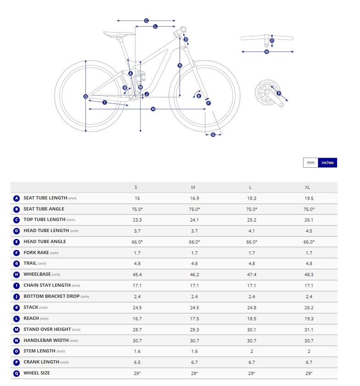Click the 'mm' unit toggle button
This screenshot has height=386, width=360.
[x=310, y=163]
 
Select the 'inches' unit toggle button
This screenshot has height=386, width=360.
[x=327, y=163]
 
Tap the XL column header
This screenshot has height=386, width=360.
[x=309, y=187]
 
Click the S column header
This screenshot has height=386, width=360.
[x=135, y=187]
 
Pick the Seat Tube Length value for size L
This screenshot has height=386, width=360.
[x=252, y=198]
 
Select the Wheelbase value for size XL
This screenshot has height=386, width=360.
[x=309, y=274]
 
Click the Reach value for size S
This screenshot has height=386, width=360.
[x=137, y=318]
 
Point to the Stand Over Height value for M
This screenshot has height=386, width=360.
[x=194, y=329]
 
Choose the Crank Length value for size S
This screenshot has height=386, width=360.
[x=137, y=362]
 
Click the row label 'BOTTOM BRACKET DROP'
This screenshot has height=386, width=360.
[x=51, y=296]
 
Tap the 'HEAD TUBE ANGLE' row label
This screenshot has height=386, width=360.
[x=45, y=242]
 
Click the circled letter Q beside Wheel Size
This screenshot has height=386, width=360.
[x=17, y=373]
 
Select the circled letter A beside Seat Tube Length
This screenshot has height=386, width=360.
[x=17, y=199]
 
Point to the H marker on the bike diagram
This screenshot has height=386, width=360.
[x=153, y=109]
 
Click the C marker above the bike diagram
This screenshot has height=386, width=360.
[x=146, y=21]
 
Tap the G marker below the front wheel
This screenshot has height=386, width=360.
[x=213, y=135]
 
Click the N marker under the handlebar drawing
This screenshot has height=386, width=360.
[x=267, y=52]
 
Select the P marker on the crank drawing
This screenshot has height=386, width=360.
[x=279, y=93]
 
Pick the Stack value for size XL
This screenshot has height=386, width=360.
[x=309, y=307]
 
